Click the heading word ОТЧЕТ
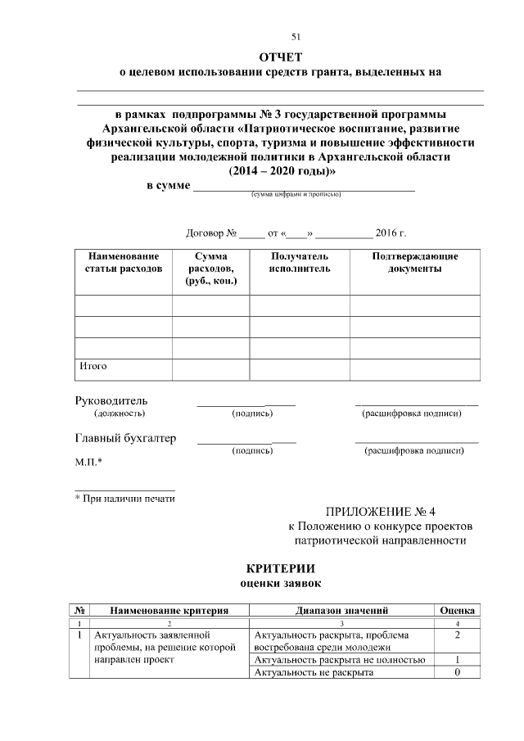[281, 56]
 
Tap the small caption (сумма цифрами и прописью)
[296, 195]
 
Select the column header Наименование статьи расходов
[124, 263]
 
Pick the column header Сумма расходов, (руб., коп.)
[210, 269]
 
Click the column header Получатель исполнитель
[300, 263]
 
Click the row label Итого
[93, 366]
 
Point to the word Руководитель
[111, 401]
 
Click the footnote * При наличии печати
[124, 498]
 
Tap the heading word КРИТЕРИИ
[281, 568]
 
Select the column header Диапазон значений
[341, 611]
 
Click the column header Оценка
[458, 611]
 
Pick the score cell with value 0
[458, 673]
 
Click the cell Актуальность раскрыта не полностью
[339, 660]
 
